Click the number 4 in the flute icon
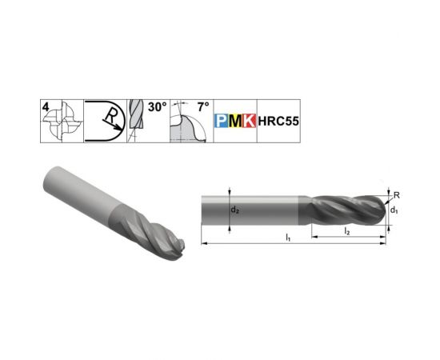46,107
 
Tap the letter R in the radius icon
110,116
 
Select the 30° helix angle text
157,107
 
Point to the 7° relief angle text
203,107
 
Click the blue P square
222,121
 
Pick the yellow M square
235,121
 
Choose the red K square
249,121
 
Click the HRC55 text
278,122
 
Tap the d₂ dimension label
235,210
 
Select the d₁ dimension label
394,210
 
